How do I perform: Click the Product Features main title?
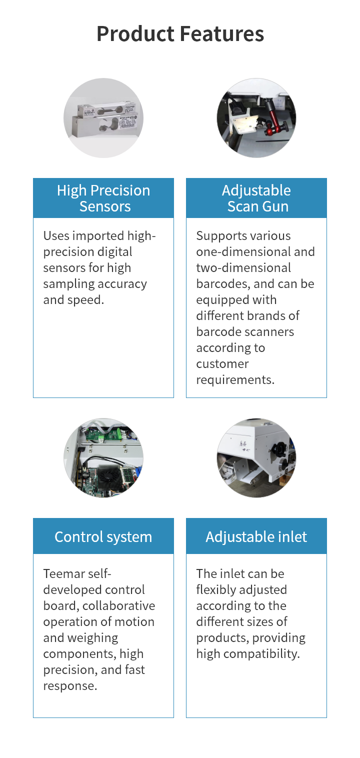click(x=180, y=34)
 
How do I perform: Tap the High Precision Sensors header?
click(x=103, y=198)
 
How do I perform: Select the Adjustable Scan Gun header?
click(x=256, y=198)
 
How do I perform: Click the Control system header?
click(x=103, y=536)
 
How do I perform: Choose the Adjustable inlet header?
click(x=256, y=536)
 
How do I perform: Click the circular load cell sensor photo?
click(x=103, y=118)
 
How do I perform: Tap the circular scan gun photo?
click(x=256, y=118)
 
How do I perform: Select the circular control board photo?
click(x=103, y=458)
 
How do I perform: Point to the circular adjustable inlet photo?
click(x=256, y=458)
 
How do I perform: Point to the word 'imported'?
click(x=95, y=235)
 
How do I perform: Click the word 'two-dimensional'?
click(x=243, y=267)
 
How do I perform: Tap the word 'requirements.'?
click(x=235, y=379)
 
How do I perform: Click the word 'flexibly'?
click(x=216, y=589)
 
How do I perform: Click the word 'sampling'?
click(x=66, y=283)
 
